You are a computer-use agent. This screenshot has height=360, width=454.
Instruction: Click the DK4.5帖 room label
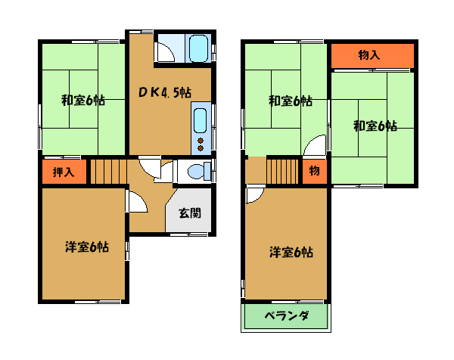pyautogui.click(x=164, y=92)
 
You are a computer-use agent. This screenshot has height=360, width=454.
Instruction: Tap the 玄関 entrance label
pyautogui.click(x=190, y=213)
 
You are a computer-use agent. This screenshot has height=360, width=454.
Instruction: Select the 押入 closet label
pyautogui.click(x=64, y=172)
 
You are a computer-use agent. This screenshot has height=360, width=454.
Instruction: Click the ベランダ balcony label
pyautogui.click(x=286, y=315)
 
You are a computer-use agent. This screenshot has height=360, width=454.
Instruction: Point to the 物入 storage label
pyautogui.click(x=369, y=54)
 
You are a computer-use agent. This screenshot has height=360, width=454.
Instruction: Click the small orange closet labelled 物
pyautogui.click(x=315, y=171)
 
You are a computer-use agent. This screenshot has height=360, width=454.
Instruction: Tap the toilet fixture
pyautogui.click(x=199, y=172)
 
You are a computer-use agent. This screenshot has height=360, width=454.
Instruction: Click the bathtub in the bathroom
pyautogui.click(x=198, y=48)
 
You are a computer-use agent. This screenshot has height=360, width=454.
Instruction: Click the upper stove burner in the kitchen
pyautogui.click(x=201, y=141)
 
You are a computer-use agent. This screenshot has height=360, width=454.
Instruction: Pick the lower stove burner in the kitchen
pyautogui.click(x=201, y=148)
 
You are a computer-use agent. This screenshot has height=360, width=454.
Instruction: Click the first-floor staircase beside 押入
pyautogui.click(x=108, y=172)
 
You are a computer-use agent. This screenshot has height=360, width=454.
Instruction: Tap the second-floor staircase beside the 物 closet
pyautogui.click(x=283, y=172)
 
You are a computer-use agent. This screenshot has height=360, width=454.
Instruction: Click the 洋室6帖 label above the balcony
pyautogui.click(x=291, y=252)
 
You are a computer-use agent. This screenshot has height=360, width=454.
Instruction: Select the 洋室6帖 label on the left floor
pyautogui.click(x=87, y=247)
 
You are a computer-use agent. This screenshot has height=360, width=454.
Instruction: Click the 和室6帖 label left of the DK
pyautogui.click(x=83, y=101)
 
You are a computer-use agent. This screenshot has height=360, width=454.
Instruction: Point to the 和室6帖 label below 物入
pyautogui.click(x=375, y=126)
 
